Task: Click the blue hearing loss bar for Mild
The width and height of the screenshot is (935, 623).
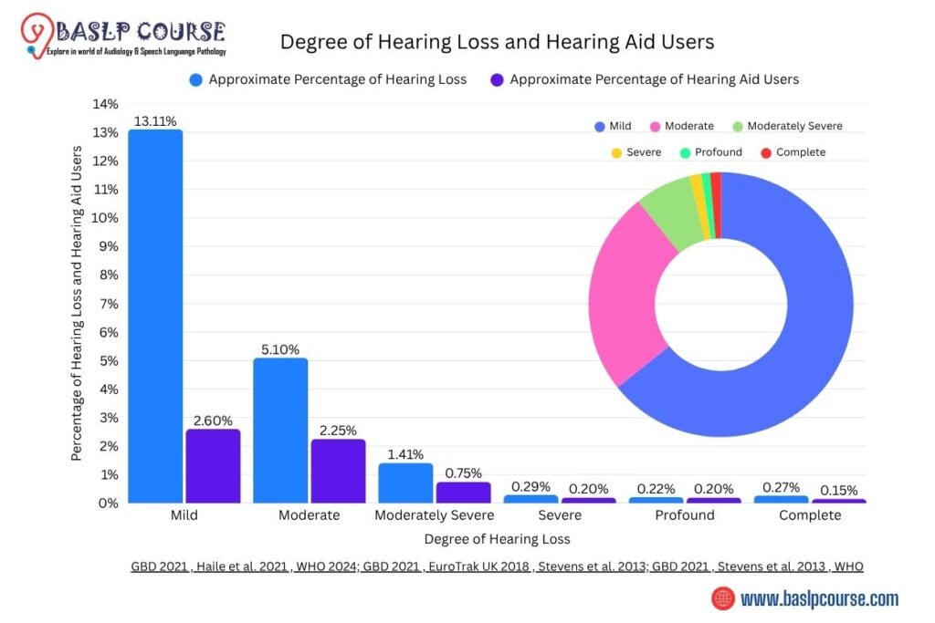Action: (155, 316)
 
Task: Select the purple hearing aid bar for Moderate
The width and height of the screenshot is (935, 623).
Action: (339, 471)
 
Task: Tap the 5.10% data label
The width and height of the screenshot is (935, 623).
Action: (280, 348)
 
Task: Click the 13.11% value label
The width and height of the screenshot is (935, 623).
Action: (155, 120)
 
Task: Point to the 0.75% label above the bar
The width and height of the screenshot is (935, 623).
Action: (463, 472)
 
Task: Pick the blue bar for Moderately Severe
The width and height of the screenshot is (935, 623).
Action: (405, 483)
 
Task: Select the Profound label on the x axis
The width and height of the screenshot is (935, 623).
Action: (685, 515)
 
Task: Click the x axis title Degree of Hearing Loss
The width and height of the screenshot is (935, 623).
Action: (497, 538)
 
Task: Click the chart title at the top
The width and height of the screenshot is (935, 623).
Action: (497, 42)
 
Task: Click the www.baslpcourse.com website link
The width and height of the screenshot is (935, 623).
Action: (819, 599)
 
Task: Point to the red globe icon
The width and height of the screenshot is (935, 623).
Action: (723, 599)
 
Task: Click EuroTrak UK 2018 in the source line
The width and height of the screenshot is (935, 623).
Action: (475, 566)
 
